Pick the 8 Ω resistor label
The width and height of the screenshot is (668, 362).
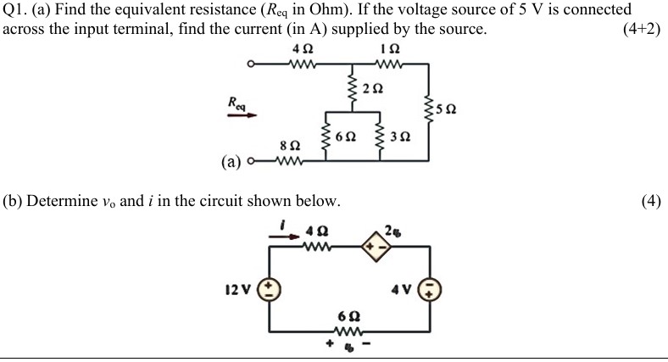290,146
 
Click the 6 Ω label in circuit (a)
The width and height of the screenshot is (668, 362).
346,136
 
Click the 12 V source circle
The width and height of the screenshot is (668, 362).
270,289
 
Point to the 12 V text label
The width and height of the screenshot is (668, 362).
238,290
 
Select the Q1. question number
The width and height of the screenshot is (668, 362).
18,10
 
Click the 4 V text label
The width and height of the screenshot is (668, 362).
402,290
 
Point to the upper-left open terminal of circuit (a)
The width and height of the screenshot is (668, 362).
250,64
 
